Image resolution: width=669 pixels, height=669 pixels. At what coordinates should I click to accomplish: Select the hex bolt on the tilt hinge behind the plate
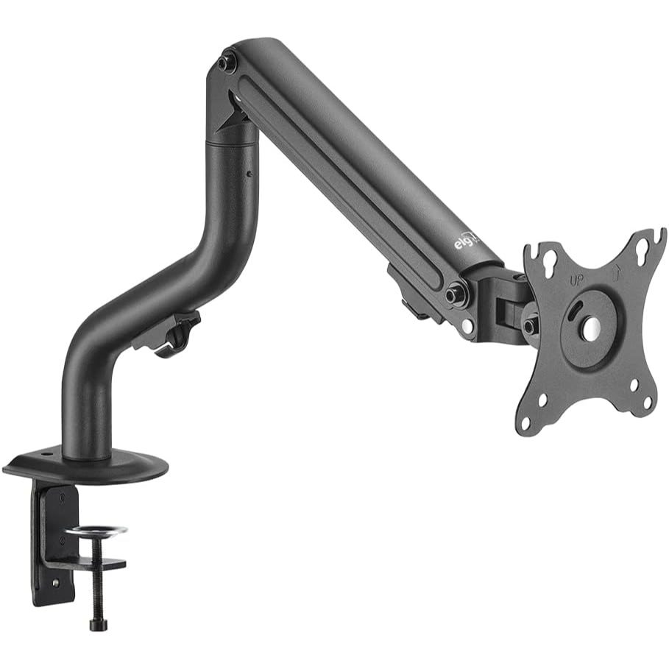(529, 325)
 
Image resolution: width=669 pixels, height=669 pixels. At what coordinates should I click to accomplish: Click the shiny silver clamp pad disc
(96, 531)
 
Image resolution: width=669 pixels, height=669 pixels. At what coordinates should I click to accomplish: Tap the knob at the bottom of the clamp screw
(98, 625)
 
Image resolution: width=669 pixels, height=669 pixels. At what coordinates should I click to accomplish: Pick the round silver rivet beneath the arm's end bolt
(465, 328)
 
